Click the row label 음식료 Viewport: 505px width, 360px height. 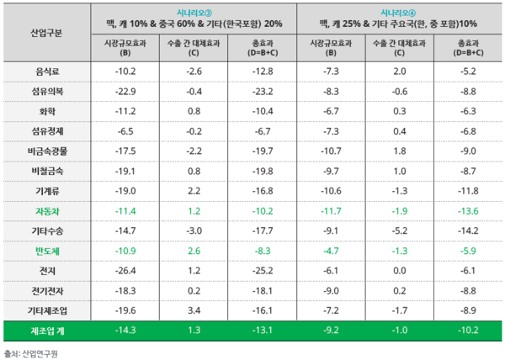coord(45,71)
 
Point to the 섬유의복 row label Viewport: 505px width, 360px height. coord(45,91)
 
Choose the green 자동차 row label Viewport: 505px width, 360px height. coord(45,210)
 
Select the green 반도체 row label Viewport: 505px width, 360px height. coord(45,250)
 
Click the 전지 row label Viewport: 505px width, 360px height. coord(45,270)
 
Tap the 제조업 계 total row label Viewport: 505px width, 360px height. coord(45,331)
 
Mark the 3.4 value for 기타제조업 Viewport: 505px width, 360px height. coord(194,310)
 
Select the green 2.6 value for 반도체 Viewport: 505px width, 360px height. coord(194,250)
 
